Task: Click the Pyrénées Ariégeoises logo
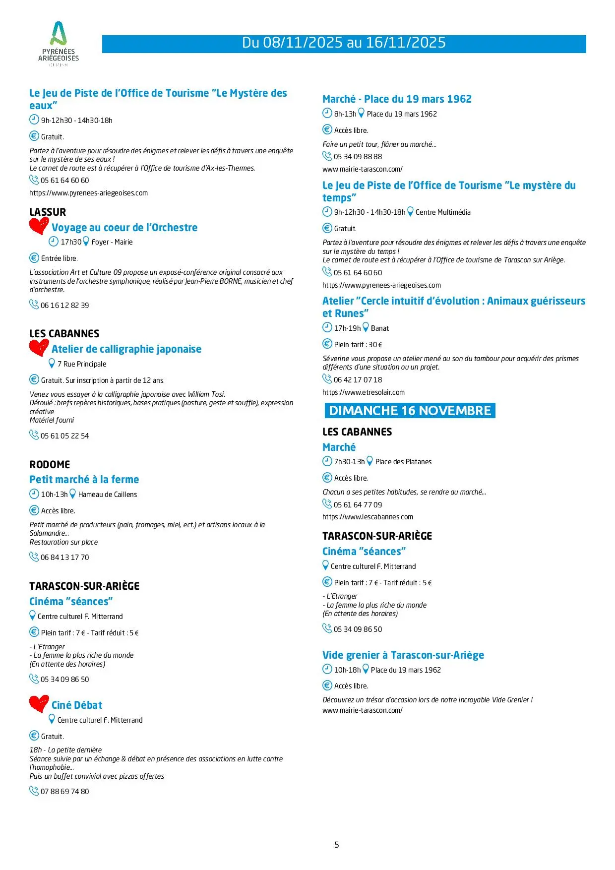click(x=59, y=44)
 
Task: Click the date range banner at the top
click(x=344, y=43)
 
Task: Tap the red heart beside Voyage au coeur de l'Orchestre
click(x=39, y=226)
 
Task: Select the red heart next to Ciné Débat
click(x=39, y=704)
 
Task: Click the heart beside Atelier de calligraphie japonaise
click(x=39, y=347)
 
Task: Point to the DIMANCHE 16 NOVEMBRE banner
click(x=410, y=411)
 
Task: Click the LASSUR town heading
click(x=48, y=212)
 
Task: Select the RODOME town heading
click(x=50, y=465)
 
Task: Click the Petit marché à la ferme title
click(x=84, y=480)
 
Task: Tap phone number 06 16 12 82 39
click(x=64, y=306)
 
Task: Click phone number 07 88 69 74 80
click(x=64, y=792)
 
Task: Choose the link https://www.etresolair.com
click(x=364, y=392)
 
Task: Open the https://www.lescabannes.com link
click(x=368, y=517)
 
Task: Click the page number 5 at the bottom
click(x=337, y=845)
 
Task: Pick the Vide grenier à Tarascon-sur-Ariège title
click(x=403, y=655)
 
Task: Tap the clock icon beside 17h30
click(x=54, y=242)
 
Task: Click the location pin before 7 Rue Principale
click(x=52, y=364)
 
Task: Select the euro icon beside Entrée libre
click(x=34, y=258)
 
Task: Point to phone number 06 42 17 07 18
click(x=358, y=380)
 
